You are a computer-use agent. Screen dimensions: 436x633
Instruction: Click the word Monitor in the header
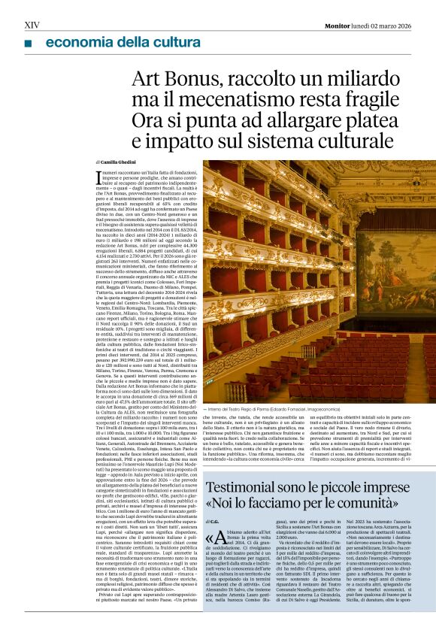tap(337, 26)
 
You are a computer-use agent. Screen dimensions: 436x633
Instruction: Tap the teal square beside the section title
tap(28, 44)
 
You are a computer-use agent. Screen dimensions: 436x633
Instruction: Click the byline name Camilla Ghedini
tap(120, 162)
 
